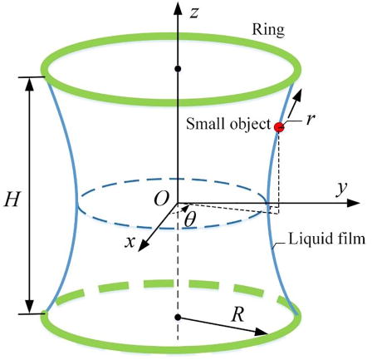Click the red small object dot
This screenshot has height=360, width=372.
coord(279,126)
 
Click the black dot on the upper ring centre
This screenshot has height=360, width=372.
coord(178,67)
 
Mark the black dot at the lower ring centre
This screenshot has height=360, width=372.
coord(178,318)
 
